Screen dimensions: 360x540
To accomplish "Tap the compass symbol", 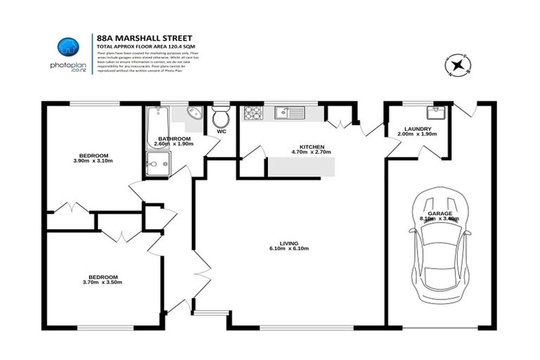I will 457,66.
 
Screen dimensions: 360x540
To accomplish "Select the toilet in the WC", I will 221,116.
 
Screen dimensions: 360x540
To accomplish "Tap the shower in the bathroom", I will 157,164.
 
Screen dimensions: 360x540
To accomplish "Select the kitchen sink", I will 289,112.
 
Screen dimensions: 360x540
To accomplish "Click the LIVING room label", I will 290,243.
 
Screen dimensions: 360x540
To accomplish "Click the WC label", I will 221,131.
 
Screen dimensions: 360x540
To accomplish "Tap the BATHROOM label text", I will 172,139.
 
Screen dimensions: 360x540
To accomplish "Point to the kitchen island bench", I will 300,167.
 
